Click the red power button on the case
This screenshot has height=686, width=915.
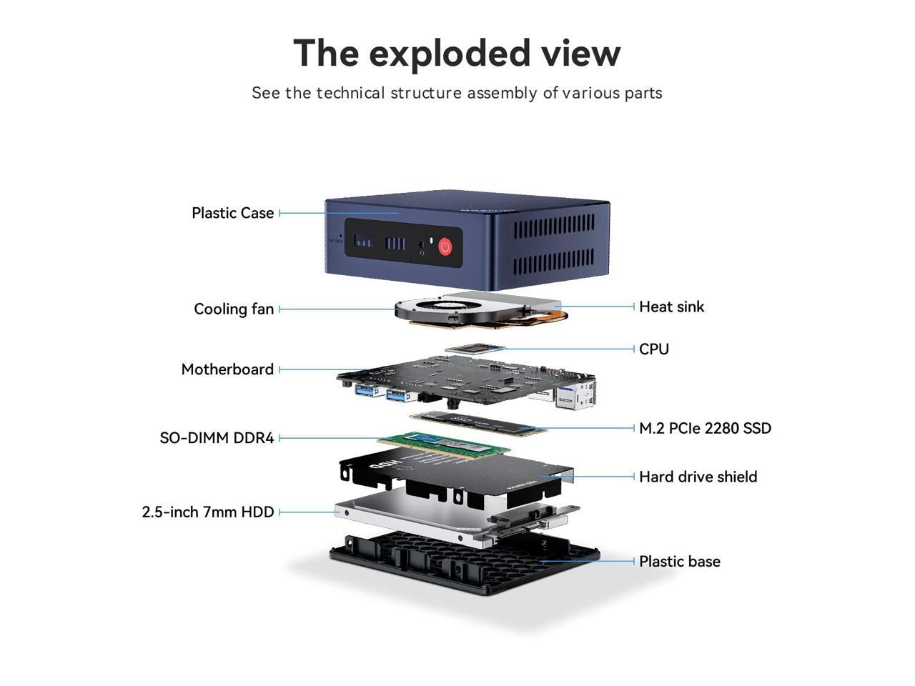[445, 247]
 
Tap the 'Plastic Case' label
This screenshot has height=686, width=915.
[232, 213]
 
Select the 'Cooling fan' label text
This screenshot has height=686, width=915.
[234, 309]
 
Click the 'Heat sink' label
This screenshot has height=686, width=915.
[671, 307]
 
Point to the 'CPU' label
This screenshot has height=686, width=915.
[654, 349]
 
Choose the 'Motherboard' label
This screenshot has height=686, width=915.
[227, 369]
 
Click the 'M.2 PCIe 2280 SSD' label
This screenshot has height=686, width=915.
[705, 428]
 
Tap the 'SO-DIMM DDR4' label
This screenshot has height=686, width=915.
[217, 438]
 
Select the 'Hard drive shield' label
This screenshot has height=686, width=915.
[698, 477]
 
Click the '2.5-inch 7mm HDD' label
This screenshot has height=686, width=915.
[208, 512]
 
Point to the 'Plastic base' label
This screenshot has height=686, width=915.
[679, 562]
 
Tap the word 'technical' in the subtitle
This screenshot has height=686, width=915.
[350, 93]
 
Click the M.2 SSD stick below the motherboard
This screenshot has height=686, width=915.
[478, 424]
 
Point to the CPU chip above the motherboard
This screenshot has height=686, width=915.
[475, 349]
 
